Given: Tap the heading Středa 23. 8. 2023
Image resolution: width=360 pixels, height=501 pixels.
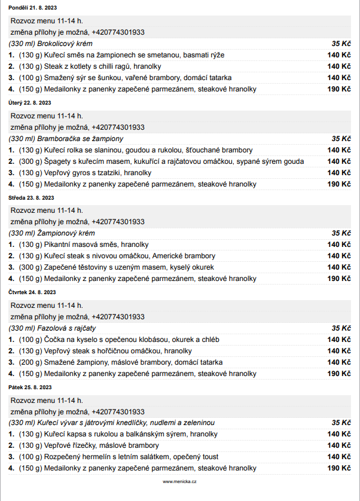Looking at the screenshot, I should [31, 197].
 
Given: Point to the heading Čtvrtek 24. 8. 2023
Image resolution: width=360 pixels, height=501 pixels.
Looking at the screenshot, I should [32, 292].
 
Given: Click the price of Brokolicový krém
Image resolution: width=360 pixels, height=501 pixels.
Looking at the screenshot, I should [341, 44].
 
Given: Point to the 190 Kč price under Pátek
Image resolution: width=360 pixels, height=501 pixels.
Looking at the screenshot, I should [339, 468].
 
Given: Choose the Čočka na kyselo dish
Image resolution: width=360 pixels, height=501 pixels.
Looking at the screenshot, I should [119, 340].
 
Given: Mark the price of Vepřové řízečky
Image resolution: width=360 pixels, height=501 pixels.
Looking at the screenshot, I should [339, 445].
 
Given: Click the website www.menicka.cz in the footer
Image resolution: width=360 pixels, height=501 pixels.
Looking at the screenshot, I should [179, 481].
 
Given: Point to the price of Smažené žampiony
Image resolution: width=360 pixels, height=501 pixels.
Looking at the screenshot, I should [339, 362].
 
